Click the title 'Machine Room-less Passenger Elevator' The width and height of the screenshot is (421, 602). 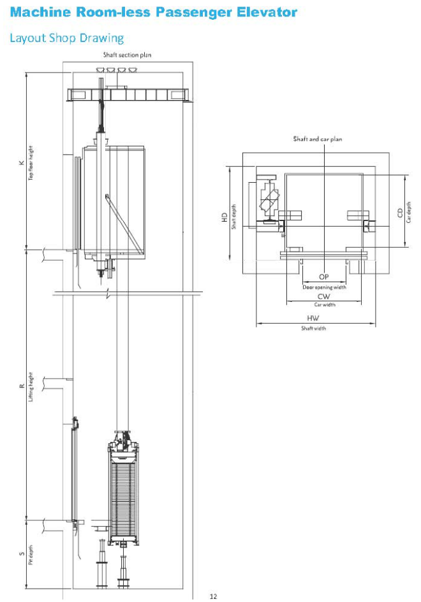(153, 13)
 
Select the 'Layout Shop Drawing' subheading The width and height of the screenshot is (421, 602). (66, 38)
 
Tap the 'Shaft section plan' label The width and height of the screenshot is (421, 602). (128, 55)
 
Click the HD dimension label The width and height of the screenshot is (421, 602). (224, 217)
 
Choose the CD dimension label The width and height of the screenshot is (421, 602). (400, 212)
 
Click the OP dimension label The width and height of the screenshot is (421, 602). (323, 277)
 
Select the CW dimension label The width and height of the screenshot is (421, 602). (323, 297)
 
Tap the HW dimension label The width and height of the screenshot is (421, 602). (313, 318)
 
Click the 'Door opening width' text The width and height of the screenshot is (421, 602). (324, 287)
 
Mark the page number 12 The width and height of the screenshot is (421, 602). (213, 596)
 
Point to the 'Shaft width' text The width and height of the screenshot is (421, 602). (313, 328)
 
